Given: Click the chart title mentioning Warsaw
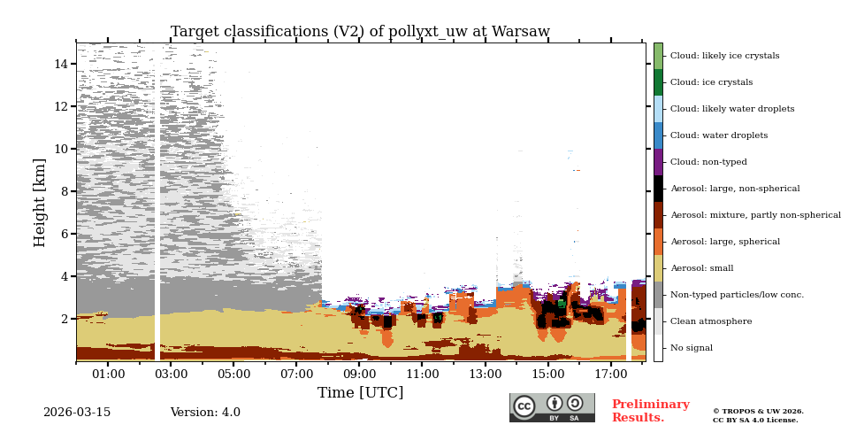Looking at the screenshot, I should tap(360, 32).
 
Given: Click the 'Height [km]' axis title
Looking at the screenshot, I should tap(40, 202).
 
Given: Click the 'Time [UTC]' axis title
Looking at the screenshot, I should tap(360, 392).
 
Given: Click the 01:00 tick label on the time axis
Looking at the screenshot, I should tap(108, 374).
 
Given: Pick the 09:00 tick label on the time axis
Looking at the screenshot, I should tap(359, 374).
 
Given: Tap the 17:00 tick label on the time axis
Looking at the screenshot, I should tap(609, 374).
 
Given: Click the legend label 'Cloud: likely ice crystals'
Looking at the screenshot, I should tap(724, 56).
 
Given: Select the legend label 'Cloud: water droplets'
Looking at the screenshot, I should tap(717, 135).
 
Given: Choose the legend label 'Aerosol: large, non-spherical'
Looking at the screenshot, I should tap(734, 189).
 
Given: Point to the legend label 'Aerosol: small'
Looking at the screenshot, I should tap(701, 268).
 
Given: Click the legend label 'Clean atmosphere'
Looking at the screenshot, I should tap(710, 321).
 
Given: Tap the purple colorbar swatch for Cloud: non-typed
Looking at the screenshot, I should tap(658, 162).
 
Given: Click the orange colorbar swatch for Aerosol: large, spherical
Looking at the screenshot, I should tap(658, 242).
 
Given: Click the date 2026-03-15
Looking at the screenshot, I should tap(77, 413).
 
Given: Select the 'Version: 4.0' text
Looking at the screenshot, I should tap(205, 413).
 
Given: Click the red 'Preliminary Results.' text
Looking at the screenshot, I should tap(650, 411).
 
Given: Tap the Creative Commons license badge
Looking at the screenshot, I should tap(552, 407).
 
